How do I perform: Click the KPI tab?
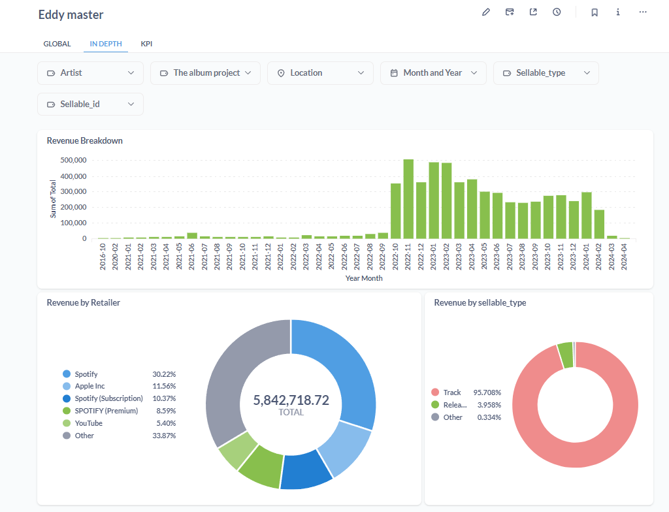[x=146, y=44]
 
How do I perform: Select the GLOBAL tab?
[x=57, y=44]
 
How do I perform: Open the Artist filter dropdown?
[x=90, y=73]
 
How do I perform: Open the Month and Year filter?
[x=433, y=73]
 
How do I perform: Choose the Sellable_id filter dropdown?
[x=90, y=104]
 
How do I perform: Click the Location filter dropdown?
[x=320, y=73]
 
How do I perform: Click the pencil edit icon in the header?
[x=486, y=12]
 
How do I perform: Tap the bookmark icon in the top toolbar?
[x=595, y=12]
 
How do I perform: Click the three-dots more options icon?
[x=643, y=12]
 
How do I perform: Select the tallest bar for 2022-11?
[x=408, y=199]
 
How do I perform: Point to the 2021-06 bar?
[x=192, y=235]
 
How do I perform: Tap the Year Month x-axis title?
[x=364, y=278]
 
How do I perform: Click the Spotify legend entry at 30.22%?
[x=86, y=374]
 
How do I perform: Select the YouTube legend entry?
[x=88, y=423]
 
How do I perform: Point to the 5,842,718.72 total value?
[x=291, y=400]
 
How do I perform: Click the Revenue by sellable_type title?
[x=480, y=302]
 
